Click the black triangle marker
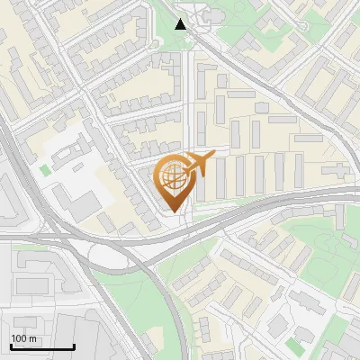[181, 24]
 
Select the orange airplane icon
[199, 163]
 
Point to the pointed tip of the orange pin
[173, 212]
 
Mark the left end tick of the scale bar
[11, 346]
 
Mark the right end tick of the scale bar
[74, 346]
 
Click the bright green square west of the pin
[45, 168]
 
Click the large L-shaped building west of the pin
[76, 193]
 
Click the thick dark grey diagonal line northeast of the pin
[270, 90]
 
